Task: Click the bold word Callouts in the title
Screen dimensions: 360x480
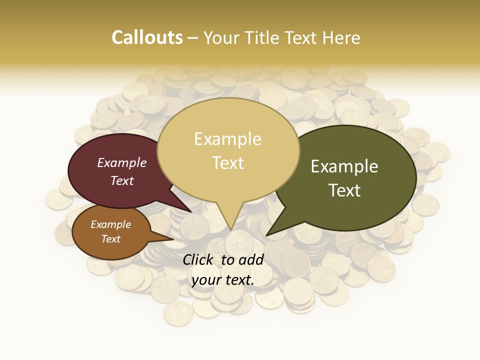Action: [x=147, y=37]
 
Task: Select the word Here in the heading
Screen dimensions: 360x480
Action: [x=341, y=37]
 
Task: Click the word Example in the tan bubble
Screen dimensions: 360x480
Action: [x=227, y=139]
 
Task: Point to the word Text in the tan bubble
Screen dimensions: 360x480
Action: [x=227, y=163]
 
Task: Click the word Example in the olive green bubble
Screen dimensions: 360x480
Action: [x=344, y=166]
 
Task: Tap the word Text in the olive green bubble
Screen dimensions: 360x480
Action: [x=344, y=190]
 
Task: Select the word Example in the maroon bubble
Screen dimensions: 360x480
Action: [x=121, y=162]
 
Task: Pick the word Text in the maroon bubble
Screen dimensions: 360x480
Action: [x=121, y=181]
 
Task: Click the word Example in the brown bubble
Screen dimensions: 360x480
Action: [x=110, y=224]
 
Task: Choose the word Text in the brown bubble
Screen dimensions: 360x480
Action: [x=110, y=239]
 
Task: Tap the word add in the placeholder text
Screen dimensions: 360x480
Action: [x=251, y=259]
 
